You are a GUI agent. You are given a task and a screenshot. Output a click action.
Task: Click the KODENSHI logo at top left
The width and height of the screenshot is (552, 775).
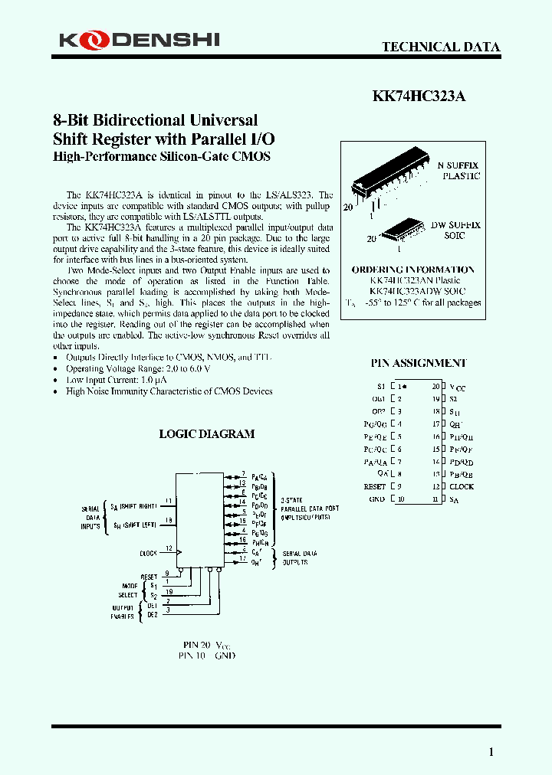(139, 38)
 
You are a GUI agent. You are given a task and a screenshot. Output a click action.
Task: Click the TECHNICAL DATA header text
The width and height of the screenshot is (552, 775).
(441, 47)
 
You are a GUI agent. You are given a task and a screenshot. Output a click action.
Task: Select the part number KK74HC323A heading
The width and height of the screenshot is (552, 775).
(419, 96)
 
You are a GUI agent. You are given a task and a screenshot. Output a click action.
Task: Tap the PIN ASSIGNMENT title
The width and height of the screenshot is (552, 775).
(418, 363)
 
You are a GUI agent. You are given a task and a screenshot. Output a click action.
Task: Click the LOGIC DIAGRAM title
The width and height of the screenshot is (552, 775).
(206, 433)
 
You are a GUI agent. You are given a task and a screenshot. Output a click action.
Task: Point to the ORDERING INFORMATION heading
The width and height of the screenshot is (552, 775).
(412, 270)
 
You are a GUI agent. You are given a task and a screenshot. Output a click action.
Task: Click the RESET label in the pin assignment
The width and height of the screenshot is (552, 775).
(375, 486)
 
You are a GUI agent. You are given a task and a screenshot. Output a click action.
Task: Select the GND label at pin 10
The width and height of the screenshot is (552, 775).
(377, 499)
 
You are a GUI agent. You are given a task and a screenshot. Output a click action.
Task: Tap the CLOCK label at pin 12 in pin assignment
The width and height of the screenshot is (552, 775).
(462, 486)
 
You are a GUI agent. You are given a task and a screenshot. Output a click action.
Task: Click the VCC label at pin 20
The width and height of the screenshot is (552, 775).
(457, 388)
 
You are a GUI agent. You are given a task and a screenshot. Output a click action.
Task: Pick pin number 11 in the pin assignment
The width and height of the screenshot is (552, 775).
(435, 499)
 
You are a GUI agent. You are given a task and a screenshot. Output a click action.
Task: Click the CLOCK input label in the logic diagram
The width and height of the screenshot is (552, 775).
(148, 552)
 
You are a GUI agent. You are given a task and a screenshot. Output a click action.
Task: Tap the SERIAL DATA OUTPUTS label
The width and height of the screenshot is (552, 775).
(296, 558)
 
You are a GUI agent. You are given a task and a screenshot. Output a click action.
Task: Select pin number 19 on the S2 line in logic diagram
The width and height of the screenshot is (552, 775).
(169, 592)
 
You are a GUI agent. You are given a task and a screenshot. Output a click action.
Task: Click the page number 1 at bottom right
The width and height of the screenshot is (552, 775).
(491, 752)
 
